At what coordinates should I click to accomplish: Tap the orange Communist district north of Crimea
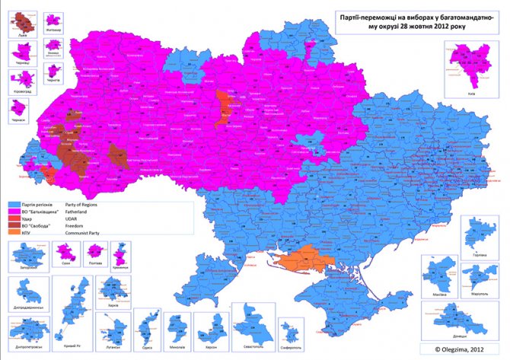[301, 261]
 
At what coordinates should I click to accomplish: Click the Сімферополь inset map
[290, 330]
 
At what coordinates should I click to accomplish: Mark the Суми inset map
[64, 253]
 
